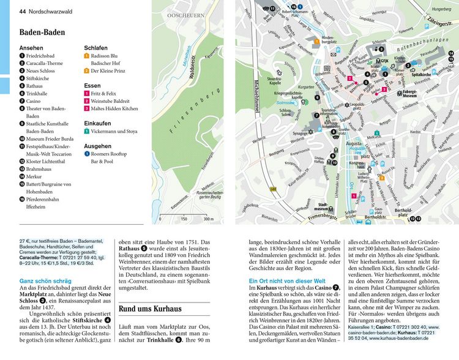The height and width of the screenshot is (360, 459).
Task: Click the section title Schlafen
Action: point(95,47)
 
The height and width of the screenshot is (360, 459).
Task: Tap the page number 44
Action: point(23,11)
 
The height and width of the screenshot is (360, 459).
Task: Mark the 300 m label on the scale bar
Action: point(207,219)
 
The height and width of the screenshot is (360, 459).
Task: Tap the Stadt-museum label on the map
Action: point(328,207)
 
